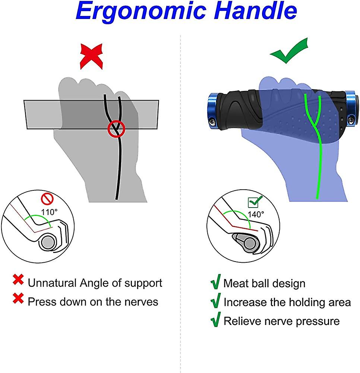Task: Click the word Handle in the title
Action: [255, 10]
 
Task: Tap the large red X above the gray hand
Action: [92, 56]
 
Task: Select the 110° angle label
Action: [49, 212]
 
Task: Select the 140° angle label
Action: [256, 214]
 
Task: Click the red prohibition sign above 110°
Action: [47, 199]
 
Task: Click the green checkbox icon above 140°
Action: [255, 202]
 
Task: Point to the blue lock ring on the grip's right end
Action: [352, 108]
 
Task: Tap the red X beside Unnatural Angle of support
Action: [18, 280]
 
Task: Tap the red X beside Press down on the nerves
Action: [18, 298]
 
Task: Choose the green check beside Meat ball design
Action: [215, 282]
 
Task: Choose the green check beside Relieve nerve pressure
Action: [215, 319]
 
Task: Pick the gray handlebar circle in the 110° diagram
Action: [48, 242]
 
